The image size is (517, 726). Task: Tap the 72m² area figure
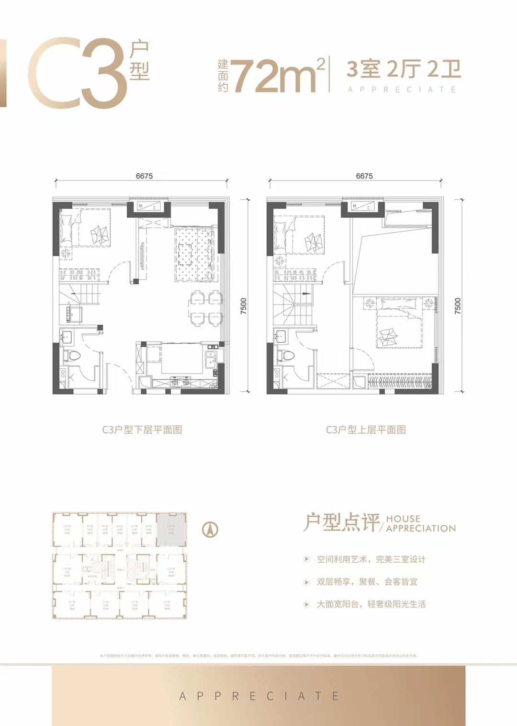point(275,76)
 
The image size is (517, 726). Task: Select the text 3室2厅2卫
point(404,69)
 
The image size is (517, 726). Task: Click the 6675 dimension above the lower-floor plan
point(144,176)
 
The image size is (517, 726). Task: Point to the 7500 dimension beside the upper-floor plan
point(458,306)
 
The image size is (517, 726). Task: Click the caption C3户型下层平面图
point(142,430)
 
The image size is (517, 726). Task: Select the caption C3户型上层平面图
point(366,430)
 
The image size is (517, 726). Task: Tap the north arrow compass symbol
point(210,529)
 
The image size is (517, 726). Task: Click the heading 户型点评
point(342,522)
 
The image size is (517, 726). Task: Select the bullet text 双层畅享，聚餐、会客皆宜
point(367,582)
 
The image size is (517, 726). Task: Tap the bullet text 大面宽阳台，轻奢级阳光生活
point(371,604)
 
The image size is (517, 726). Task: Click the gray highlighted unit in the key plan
point(171,529)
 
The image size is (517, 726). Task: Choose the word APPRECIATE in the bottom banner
point(258,696)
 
